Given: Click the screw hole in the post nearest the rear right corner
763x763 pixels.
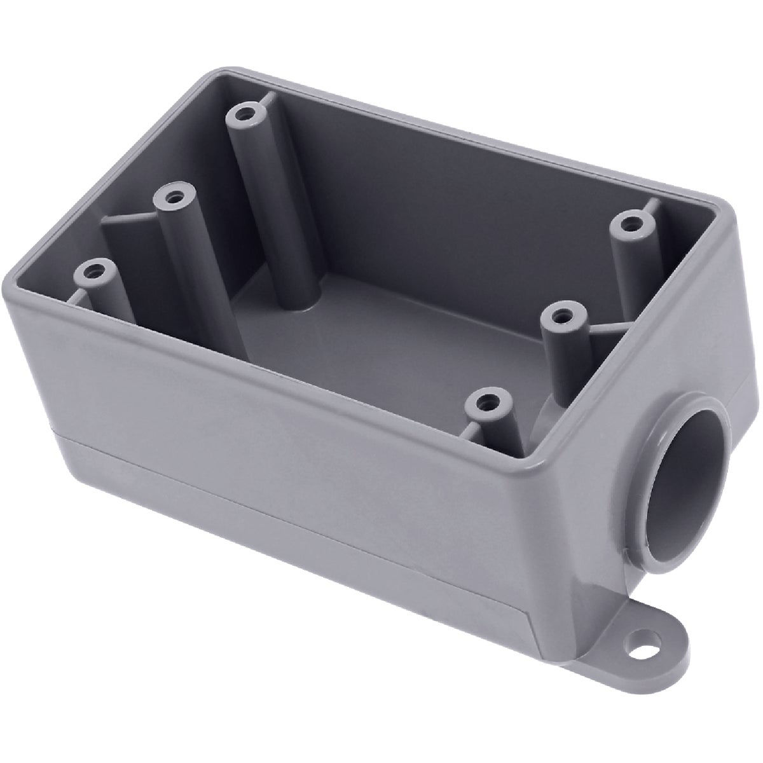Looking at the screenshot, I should coord(631,224).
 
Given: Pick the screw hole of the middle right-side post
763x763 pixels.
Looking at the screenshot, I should coord(562,315).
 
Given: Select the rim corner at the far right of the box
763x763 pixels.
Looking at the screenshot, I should coord(731,216).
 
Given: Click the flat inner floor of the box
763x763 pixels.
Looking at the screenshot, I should coord(381,331).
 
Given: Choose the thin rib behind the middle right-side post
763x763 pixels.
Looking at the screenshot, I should coord(610,325).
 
